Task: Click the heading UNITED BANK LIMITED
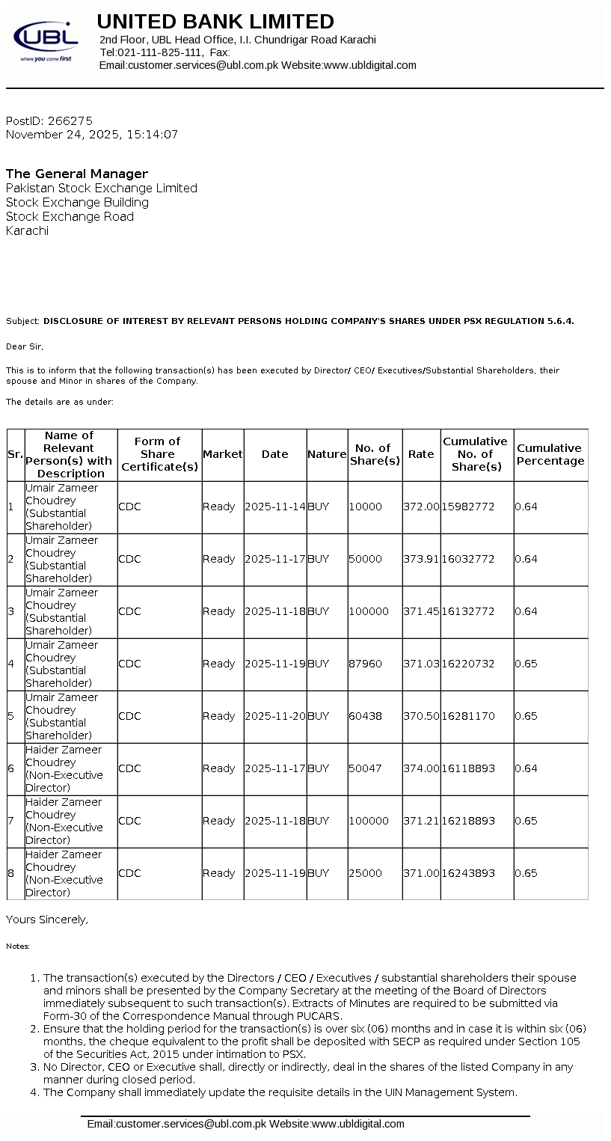215,22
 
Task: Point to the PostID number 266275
70,120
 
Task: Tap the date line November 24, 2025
92,135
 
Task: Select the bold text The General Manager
77,174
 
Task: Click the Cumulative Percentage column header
550,455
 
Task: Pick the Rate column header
421,454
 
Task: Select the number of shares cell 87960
365,664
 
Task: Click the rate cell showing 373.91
421,559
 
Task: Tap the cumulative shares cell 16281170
468,716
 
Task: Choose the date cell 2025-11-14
274,507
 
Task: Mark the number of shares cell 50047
365,768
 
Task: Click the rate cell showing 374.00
421,768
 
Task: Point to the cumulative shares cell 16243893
468,873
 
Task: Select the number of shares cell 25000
365,873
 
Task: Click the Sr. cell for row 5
11,716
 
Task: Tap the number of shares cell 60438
365,716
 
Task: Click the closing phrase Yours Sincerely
46,920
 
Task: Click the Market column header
223,454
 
